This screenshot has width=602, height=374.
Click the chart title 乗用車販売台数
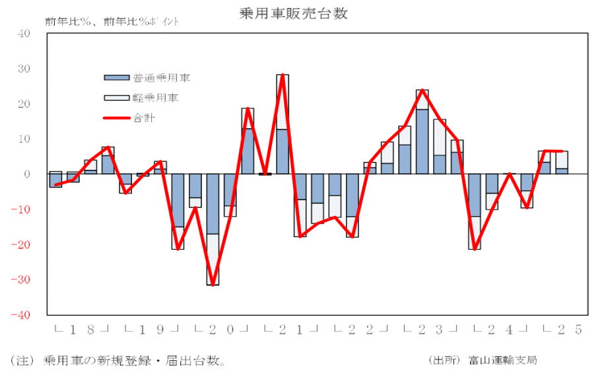click(x=301, y=13)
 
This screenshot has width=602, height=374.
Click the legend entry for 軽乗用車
click(x=155, y=98)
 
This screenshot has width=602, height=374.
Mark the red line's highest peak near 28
click(x=282, y=75)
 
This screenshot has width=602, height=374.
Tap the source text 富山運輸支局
click(x=502, y=360)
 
